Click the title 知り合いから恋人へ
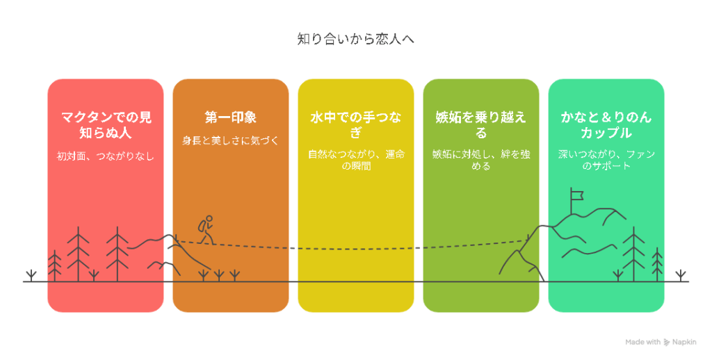tap(355, 39)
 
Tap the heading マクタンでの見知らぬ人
tap(106, 125)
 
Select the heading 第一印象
tap(231, 117)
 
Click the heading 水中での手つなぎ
tap(355, 125)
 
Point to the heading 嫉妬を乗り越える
tap(481, 125)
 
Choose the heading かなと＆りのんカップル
tap(606, 125)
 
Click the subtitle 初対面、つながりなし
tap(106, 156)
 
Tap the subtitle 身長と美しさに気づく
tap(230, 140)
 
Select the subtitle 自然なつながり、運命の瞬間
tap(356, 161)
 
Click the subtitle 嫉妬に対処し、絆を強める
tap(481, 161)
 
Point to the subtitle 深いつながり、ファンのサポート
tap(606, 161)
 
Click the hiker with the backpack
tap(206, 230)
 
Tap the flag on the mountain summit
tap(576, 196)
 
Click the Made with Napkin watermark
tap(661, 343)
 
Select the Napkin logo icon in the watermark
tap(667, 343)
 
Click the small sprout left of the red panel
tap(31, 276)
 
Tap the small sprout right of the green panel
tap(680, 276)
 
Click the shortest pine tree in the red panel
tap(54, 265)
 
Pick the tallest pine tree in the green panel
tap(633, 254)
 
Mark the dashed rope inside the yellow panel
tap(356, 249)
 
